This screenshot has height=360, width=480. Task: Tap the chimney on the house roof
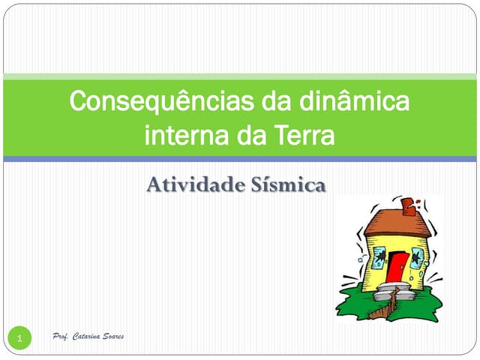[409, 206]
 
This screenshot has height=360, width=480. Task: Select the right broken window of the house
[417, 256]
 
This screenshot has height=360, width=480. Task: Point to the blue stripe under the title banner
[240, 159]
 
